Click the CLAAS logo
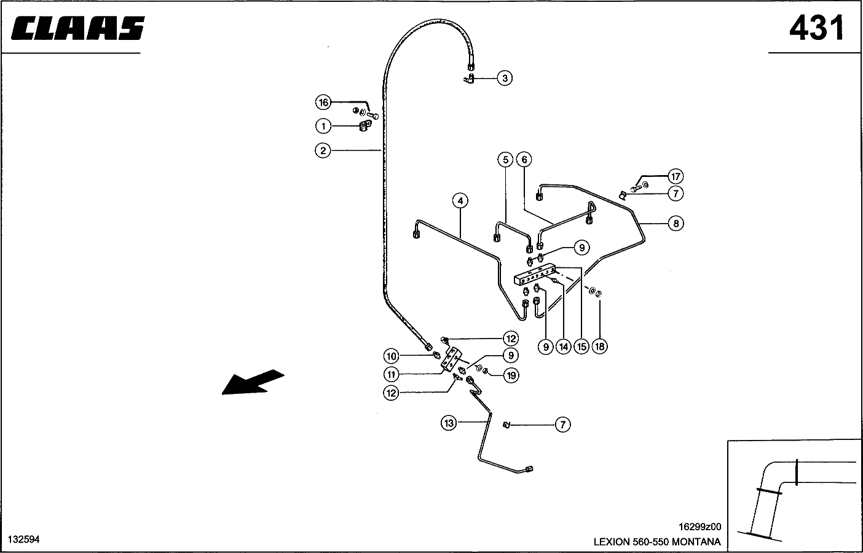[x=77, y=28]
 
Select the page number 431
[x=817, y=28]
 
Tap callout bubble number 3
[x=505, y=78]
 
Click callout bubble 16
[x=323, y=102]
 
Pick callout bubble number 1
[x=323, y=126]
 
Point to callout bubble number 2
[x=323, y=150]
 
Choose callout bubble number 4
[x=460, y=200]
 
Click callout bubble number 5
[x=505, y=160]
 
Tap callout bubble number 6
[x=524, y=160]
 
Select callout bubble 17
[x=676, y=177]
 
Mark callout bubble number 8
[x=676, y=223]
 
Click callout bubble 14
[x=564, y=347]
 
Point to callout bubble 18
[x=600, y=347]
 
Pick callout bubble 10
[x=392, y=356]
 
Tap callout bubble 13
[x=449, y=423]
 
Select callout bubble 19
[x=511, y=375]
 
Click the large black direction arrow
[x=253, y=382]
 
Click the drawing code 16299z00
[x=699, y=527]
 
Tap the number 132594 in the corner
[x=23, y=539]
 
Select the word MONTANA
[x=696, y=542]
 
